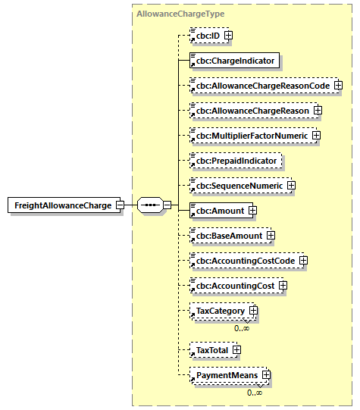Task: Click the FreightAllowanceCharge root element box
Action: (60, 205)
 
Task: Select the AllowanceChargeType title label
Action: (180, 14)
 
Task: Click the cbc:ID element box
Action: (205, 35)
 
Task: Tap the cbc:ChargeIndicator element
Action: (235, 60)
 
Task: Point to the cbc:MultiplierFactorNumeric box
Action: (249, 136)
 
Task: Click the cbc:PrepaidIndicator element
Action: (235, 161)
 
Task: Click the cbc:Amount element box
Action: (218, 211)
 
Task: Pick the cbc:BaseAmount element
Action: (227, 236)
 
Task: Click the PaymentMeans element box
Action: (224, 374)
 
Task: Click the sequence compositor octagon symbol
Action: (149, 205)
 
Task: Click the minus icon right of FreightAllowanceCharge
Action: (121, 205)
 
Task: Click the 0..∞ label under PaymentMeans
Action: (255, 392)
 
